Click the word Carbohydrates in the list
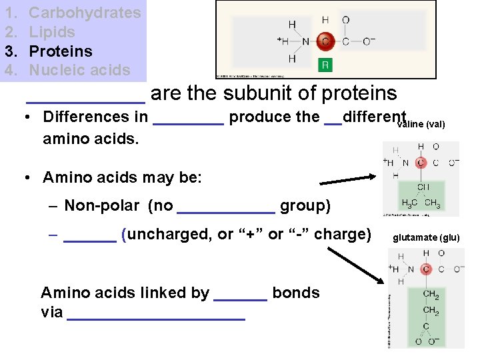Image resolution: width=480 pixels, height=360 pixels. coord(85,13)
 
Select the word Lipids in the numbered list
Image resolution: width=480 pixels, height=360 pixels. coord(52,32)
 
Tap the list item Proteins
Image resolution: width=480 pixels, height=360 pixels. coord(61,51)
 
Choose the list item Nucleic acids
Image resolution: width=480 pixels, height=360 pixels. coord(79,70)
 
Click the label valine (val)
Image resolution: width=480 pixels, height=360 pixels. coord(421,125)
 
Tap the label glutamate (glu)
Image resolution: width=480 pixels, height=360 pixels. coord(427,237)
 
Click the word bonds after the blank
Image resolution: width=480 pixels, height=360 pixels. coord(296,293)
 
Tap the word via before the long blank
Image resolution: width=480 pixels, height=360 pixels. coord(52,312)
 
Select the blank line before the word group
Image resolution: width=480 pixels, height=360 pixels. coord(226,211)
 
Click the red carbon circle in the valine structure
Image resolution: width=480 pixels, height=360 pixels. coord(421,162)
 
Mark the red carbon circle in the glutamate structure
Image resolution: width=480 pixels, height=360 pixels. coord(426,269)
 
